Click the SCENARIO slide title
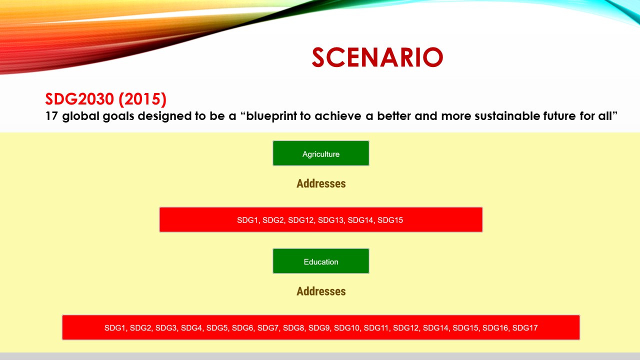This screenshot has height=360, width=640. coord(377,57)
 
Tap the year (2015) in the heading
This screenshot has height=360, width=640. coord(142,99)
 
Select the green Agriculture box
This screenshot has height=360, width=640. coord(320,153)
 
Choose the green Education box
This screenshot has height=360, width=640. coord(320,261)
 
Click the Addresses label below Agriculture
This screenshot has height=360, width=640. coord(320,183)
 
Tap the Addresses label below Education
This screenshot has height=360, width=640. coord(320,291)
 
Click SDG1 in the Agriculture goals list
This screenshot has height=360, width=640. coord(247,220)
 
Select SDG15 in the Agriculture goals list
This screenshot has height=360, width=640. coord(390,220)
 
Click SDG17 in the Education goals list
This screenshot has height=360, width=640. coord(525,328)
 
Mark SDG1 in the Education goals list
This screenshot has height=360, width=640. coord(115,328)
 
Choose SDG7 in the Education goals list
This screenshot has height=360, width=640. coord(268,328)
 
